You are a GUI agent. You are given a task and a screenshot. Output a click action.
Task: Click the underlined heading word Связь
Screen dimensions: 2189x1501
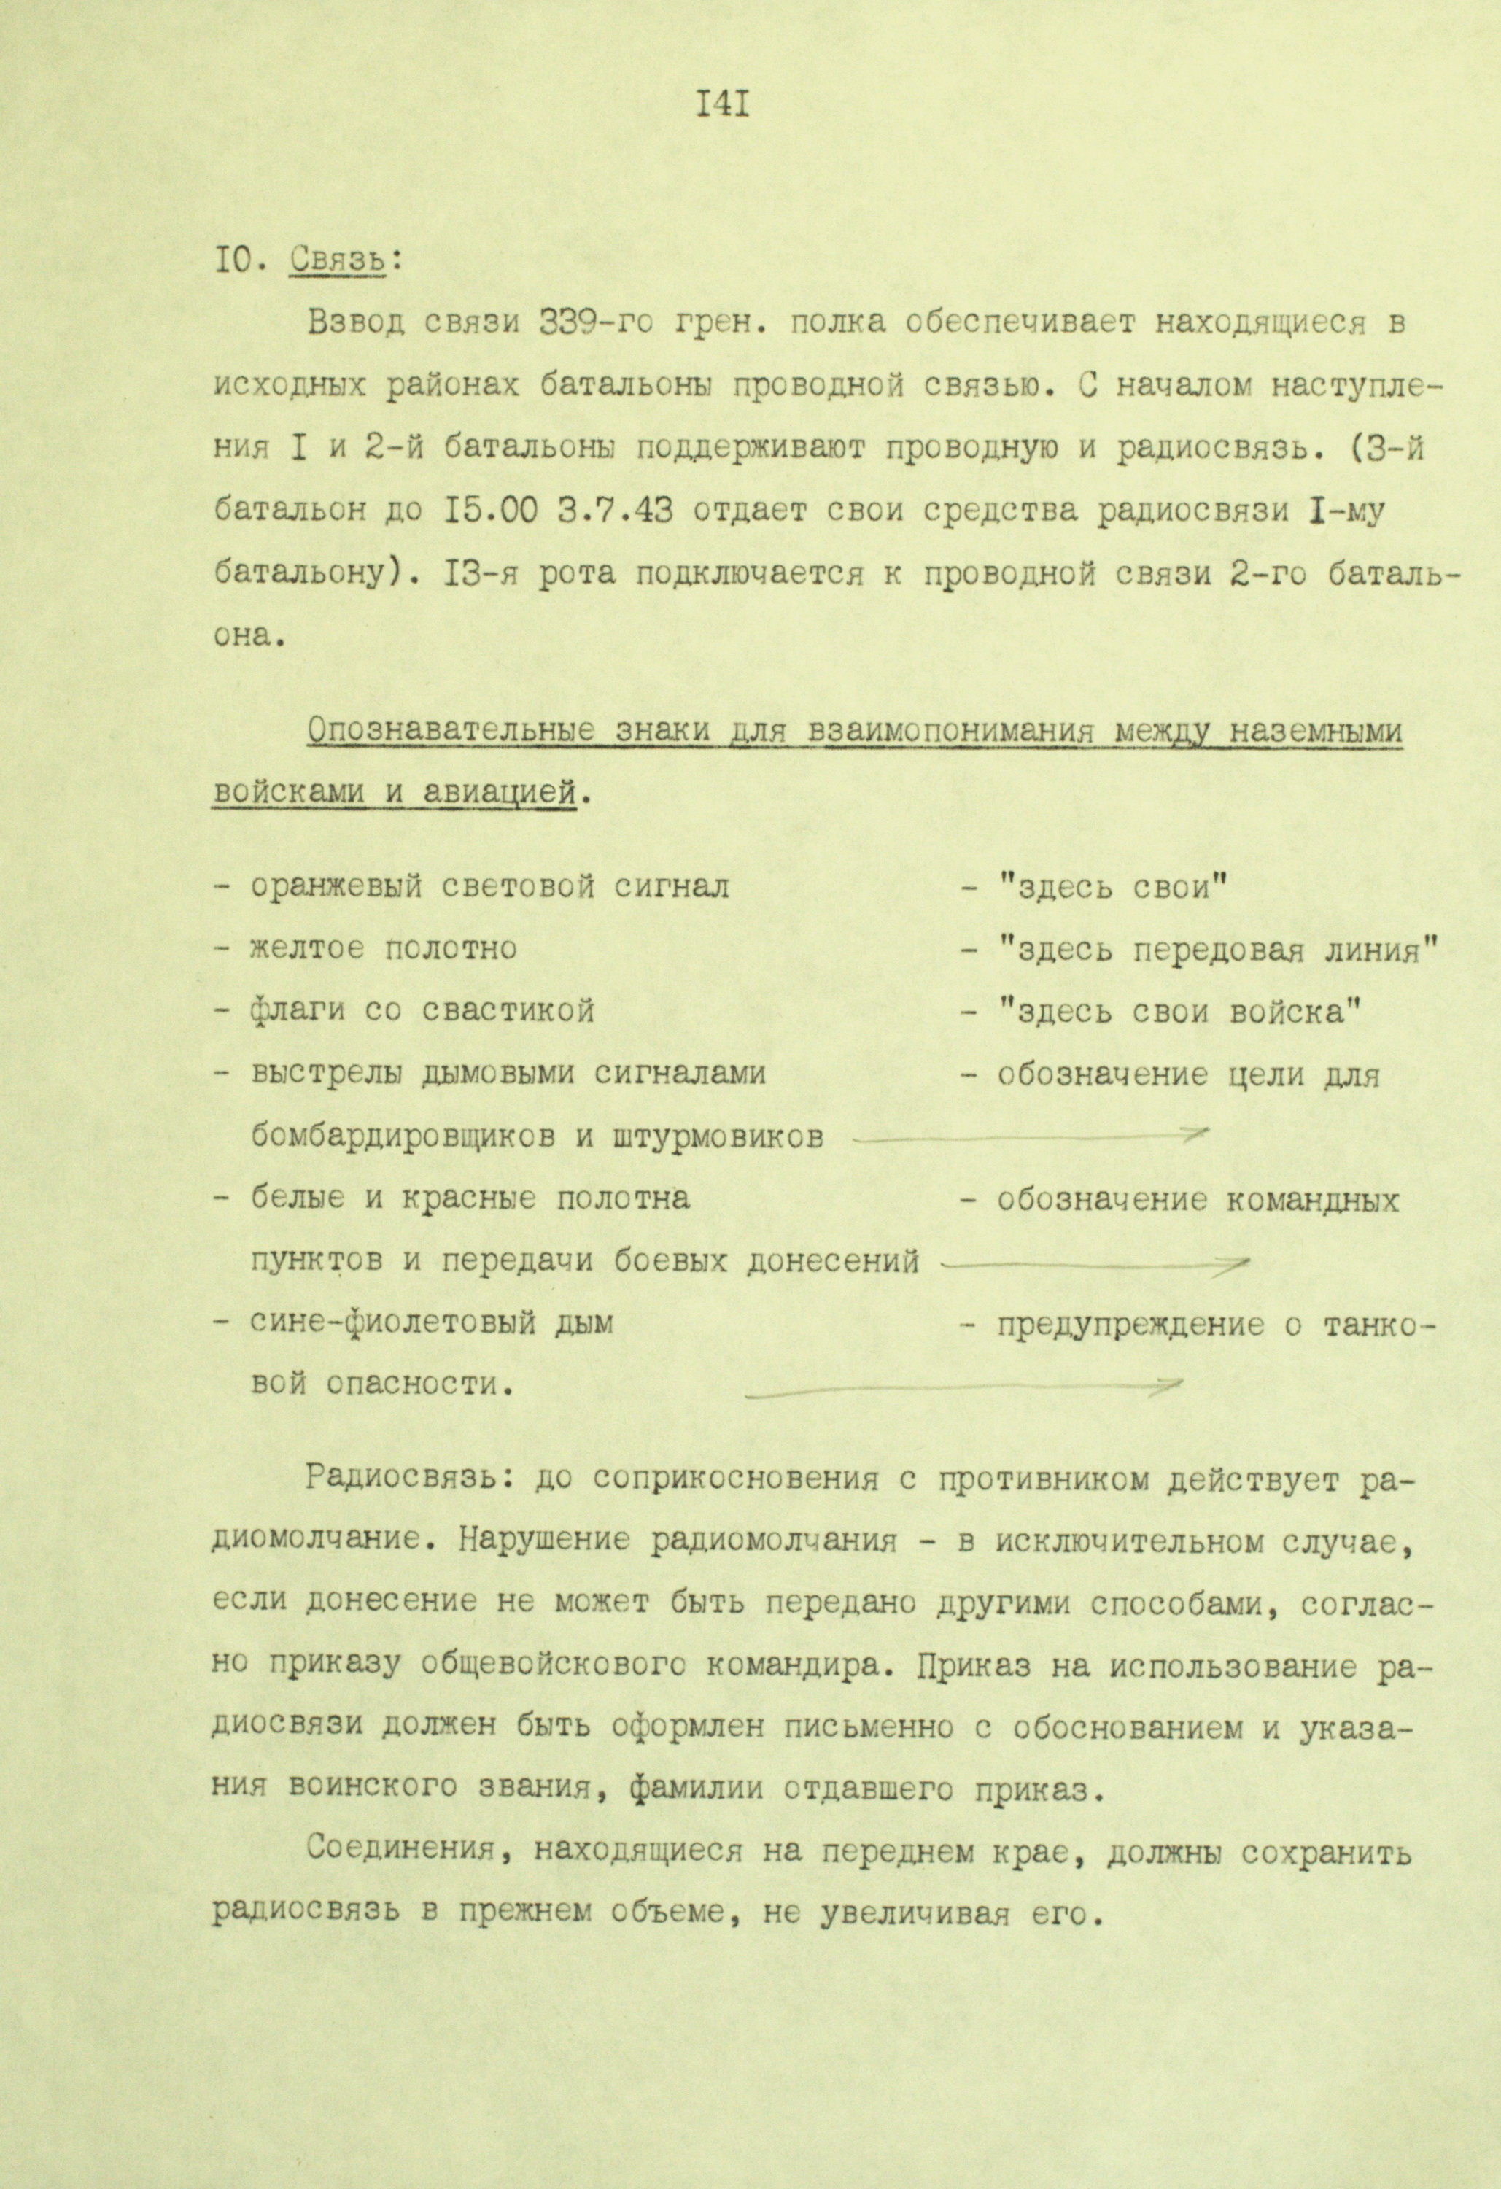pos(338,259)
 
